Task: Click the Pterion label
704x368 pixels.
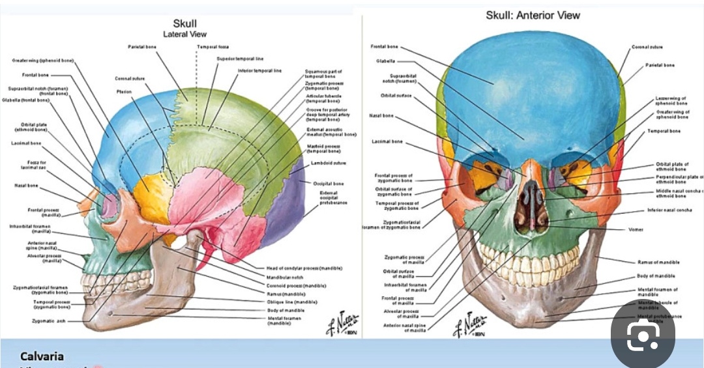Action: pos(124,92)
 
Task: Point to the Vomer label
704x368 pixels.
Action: pos(636,229)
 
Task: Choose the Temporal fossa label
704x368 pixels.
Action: pos(213,47)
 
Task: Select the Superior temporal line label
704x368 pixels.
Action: pos(240,59)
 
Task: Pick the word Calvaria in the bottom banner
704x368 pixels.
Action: pos(42,356)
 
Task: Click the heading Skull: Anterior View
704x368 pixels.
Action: pos(533,15)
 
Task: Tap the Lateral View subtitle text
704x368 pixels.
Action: pos(184,34)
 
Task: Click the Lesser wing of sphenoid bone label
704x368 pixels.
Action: pos(671,100)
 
